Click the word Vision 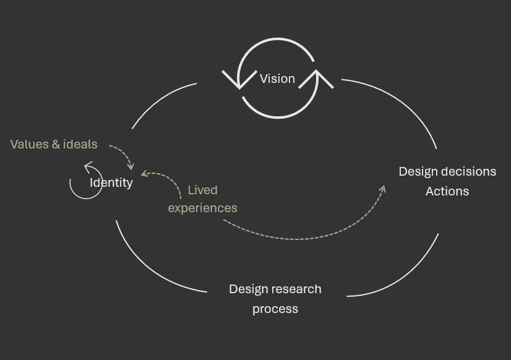tap(277, 79)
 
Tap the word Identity tap(111, 182)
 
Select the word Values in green tap(29, 144)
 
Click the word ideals tap(80, 144)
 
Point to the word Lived tap(202, 190)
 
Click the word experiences tap(202, 208)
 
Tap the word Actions tap(447, 191)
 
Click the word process tap(275, 309)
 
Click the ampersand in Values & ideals tap(56, 144)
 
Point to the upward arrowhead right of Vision tap(317, 78)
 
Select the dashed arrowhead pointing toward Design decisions tap(382, 189)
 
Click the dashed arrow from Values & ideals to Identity tap(124, 153)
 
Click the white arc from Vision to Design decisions tap(402, 102)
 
